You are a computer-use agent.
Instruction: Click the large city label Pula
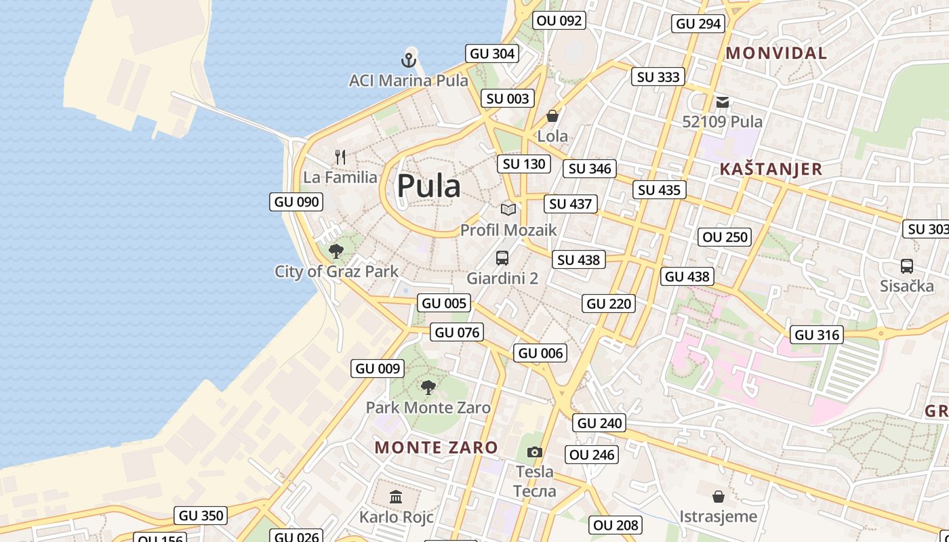pyautogui.click(x=428, y=186)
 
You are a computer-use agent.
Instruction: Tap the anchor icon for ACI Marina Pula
pyautogui.click(x=408, y=60)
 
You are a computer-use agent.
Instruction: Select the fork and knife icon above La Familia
pyautogui.click(x=340, y=157)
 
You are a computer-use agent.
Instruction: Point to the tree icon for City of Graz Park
pyautogui.click(x=336, y=251)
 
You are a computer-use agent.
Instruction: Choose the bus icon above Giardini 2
pyautogui.click(x=502, y=258)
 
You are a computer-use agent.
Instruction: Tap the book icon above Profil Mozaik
pyautogui.click(x=508, y=209)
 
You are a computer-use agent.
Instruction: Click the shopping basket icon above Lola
pyautogui.click(x=552, y=116)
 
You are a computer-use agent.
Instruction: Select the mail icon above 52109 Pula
pyautogui.click(x=723, y=102)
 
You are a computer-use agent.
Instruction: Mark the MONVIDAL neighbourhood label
pyautogui.click(x=776, y=53)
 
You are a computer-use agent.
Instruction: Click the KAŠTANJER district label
pyautogui.click(x=771, y=169)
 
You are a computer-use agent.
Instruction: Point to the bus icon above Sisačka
pyautogui.click(x=907, y=266)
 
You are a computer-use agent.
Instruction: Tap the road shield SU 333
pyautogui.click(x=658, y=77)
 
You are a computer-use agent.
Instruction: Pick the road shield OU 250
pyautogui.click(x=725, y=237)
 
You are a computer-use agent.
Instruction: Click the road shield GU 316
pyautogui.click(x=817, y=335)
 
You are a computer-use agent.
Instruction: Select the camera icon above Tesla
pyautogui.click(x=535, y=452)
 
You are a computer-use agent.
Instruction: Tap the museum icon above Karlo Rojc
pyautogui.click(x=396, y=497)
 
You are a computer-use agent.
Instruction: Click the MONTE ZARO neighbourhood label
pyautogui.click(x=436, y=447)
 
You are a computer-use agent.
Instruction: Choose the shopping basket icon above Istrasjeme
pyautogui.click(x=718, y=497)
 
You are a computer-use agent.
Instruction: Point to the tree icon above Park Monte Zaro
pyautogui.click(x=428, y=388)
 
